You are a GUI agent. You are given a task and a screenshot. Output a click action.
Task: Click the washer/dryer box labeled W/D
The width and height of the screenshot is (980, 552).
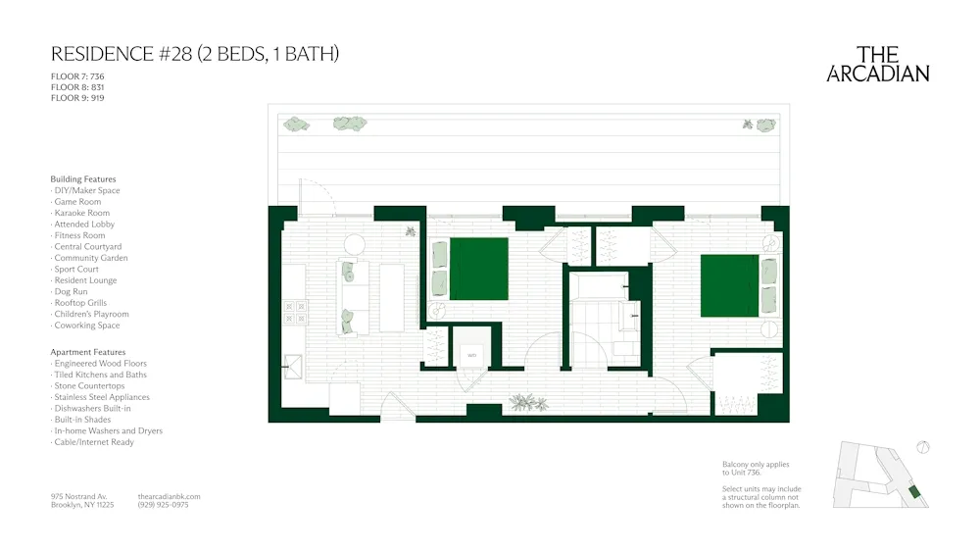(471, 355)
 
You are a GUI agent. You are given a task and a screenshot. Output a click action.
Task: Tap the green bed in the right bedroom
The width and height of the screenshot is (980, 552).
(730, 285)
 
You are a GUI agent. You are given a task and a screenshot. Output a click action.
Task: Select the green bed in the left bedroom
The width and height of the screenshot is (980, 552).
(478, 269)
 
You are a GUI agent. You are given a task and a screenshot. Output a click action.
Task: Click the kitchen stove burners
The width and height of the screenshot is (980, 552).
(295, 312)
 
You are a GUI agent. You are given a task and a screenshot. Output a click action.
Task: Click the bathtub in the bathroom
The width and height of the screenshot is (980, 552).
(600, 286)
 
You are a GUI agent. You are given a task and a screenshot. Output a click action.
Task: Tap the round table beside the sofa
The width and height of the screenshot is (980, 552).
(354, 244)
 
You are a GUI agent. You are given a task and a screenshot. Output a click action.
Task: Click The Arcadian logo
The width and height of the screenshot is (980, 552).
(877, 65)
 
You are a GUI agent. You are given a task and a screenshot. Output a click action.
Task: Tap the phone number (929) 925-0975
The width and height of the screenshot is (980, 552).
(164, 505)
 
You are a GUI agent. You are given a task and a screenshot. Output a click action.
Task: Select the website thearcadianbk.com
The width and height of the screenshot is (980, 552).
(170, 496)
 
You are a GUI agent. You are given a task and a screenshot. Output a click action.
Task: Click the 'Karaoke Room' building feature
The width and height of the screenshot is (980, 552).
(82, 213)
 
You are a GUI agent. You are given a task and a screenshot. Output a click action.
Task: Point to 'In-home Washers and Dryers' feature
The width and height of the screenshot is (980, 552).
(108, 430)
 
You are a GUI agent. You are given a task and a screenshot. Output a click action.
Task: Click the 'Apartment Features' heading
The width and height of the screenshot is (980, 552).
(88, 352)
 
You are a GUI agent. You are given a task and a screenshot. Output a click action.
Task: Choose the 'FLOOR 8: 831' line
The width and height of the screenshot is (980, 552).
(77, 87)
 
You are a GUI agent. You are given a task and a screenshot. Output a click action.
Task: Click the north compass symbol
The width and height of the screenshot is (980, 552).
(921, 448)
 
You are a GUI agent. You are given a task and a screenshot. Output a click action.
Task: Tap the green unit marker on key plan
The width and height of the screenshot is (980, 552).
(914, 491)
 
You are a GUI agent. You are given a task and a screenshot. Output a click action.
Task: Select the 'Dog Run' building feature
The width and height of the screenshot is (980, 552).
(71, 291)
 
